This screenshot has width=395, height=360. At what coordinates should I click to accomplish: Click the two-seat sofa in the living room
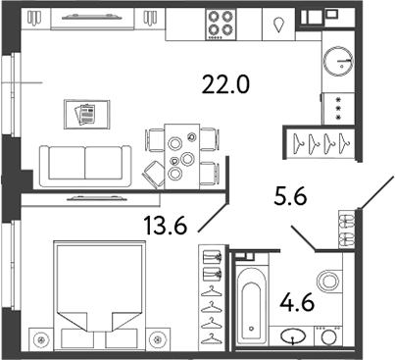pyautogui.click(x=86, y=162)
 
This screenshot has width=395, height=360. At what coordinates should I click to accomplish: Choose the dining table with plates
pyautogui.click(x=179, y=152)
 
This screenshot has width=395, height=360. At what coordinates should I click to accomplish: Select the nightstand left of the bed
pyautogui.click(x=41, y=341)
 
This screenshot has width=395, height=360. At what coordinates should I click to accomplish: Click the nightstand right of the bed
pyautogui.click(x=153, y=341)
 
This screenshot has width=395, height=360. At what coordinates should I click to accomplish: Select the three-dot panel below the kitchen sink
pyautogui.click(x=339, y=108)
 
